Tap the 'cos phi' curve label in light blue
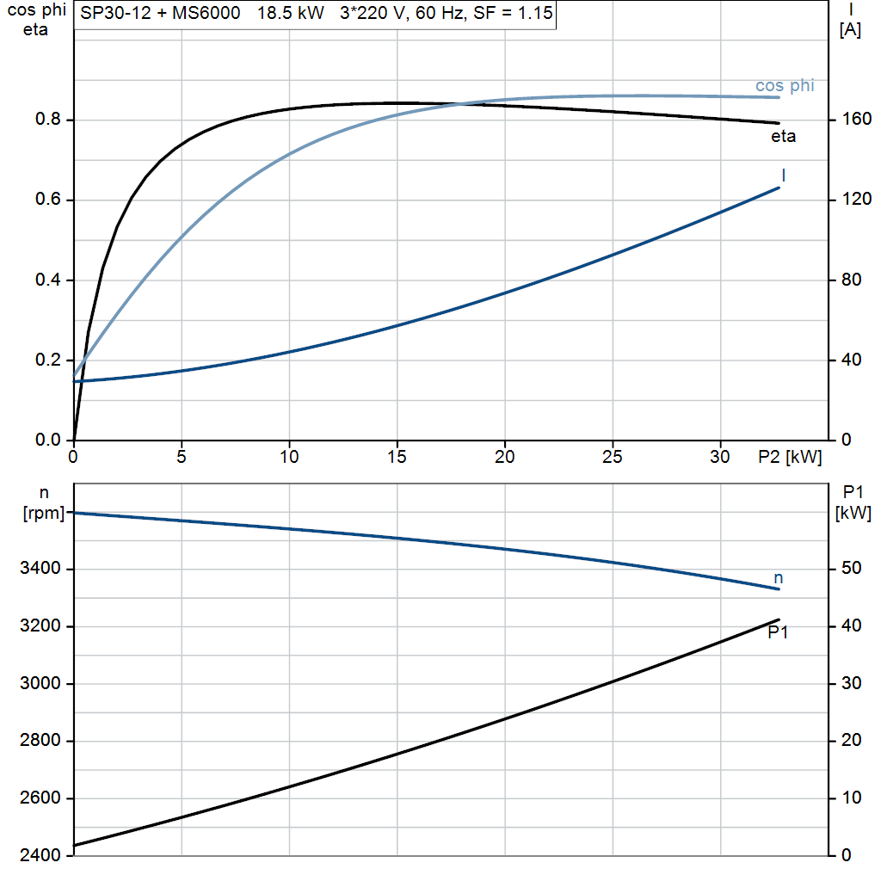tap(784, 86)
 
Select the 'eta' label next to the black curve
tap(783, 136)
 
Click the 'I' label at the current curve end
tap(784, 176)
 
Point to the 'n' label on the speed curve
tap(779, 578)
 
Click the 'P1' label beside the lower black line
tap(778, 632)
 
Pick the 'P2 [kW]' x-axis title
tap(789, 458)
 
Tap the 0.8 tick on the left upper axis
tap(47, 120)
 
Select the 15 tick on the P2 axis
tap(397, 458)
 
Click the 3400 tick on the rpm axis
tap(40, 570)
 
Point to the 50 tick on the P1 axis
tap(850, 569)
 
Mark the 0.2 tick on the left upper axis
tap(47, 360)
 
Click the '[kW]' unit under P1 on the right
tap(853, 514)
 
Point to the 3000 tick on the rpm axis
tap(40, 684)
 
